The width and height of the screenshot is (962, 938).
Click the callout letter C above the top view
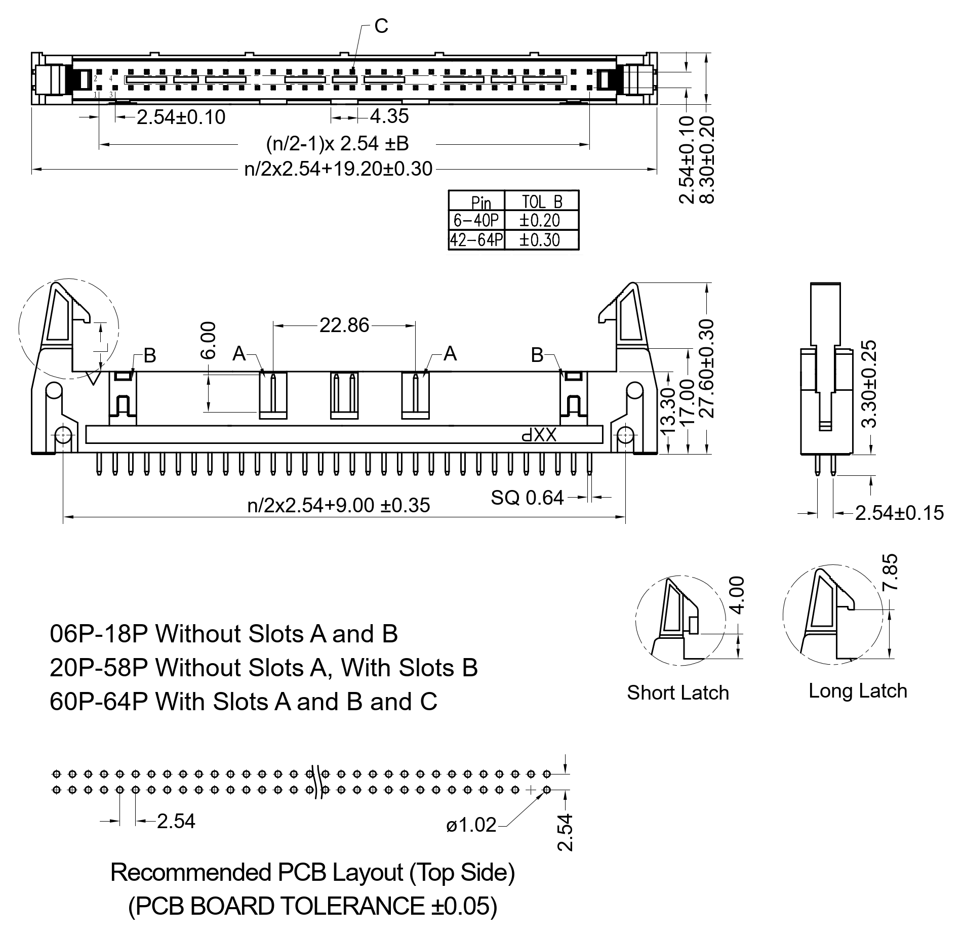coord(381,25)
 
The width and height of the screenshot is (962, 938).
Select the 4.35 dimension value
coord(389,116)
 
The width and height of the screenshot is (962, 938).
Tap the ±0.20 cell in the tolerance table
coord(540,220)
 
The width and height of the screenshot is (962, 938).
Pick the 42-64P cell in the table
coord(476,239)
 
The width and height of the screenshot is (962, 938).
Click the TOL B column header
coord(542,202)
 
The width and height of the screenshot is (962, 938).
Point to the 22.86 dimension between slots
coord(344,325)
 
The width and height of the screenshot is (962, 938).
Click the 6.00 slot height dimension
coord(208,340)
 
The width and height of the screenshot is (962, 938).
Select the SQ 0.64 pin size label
coord(527,498)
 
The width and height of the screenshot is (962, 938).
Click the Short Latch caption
coord(677,693)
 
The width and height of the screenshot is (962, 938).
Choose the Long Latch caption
coord(857,691)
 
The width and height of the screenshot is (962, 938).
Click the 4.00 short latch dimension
coord(738,595)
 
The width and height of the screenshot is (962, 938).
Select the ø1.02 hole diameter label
coord(471,825)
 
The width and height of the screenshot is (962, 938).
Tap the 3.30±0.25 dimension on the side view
coord(869,384)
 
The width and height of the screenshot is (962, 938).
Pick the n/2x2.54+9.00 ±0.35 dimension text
coord(338,505)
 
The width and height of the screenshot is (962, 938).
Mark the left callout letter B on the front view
coord(150,356)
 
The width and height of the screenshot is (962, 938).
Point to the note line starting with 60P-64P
coord(243,702)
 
